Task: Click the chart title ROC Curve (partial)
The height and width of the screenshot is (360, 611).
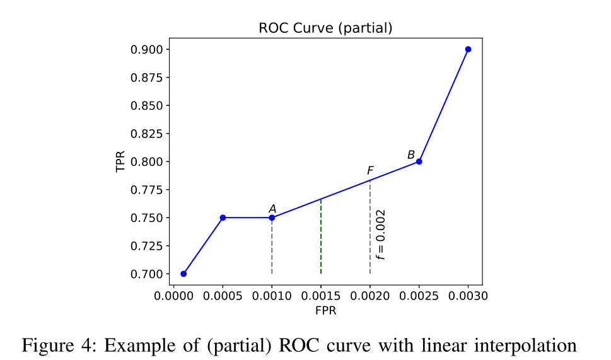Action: (x=325, y=28)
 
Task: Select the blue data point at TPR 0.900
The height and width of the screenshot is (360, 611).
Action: (x=468, y=49)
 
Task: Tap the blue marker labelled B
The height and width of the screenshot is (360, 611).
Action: (x=419, y=161)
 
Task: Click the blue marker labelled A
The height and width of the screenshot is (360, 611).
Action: (x=272, y=218)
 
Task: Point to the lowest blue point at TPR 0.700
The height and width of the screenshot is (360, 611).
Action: (x=183, y=274)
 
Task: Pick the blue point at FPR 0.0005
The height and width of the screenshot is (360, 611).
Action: (x=223, y=218)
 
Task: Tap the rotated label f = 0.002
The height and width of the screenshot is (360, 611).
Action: (x=380, y=235)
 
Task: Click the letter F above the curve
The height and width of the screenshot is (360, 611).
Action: (x=370, y=171)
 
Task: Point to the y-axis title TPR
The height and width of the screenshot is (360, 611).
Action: (x=120, y=161)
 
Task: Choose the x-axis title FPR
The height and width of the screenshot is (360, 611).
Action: (x=325, y=310)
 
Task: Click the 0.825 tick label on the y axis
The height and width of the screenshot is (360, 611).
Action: (x=146, y=134)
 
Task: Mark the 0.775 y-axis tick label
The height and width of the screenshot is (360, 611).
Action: (x=146, y=190)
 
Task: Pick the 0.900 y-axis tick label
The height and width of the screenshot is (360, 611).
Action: (x=146, y=50)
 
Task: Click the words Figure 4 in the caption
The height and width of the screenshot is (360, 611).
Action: (x=57, y=345)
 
